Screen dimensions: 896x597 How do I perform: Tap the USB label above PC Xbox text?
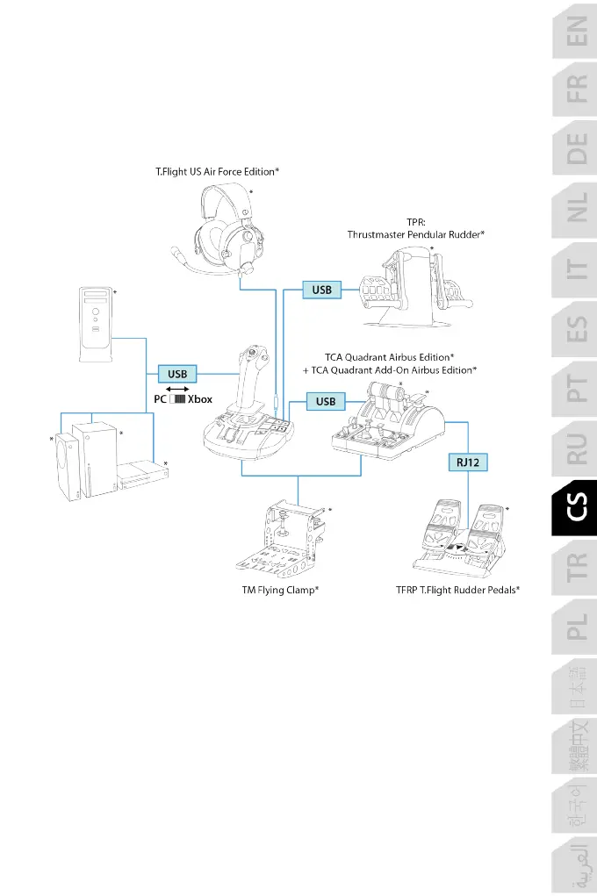177,374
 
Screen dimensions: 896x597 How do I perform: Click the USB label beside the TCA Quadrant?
326,402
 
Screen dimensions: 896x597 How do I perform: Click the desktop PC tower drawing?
95,325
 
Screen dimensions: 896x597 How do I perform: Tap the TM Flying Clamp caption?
280,591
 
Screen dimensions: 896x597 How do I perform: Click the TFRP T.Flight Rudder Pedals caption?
457,591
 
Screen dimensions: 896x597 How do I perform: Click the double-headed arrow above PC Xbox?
178,388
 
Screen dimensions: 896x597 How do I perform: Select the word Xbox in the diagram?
200,399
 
